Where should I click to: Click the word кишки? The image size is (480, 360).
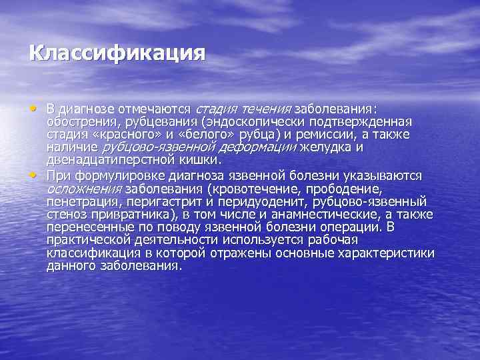click(199, 160)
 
